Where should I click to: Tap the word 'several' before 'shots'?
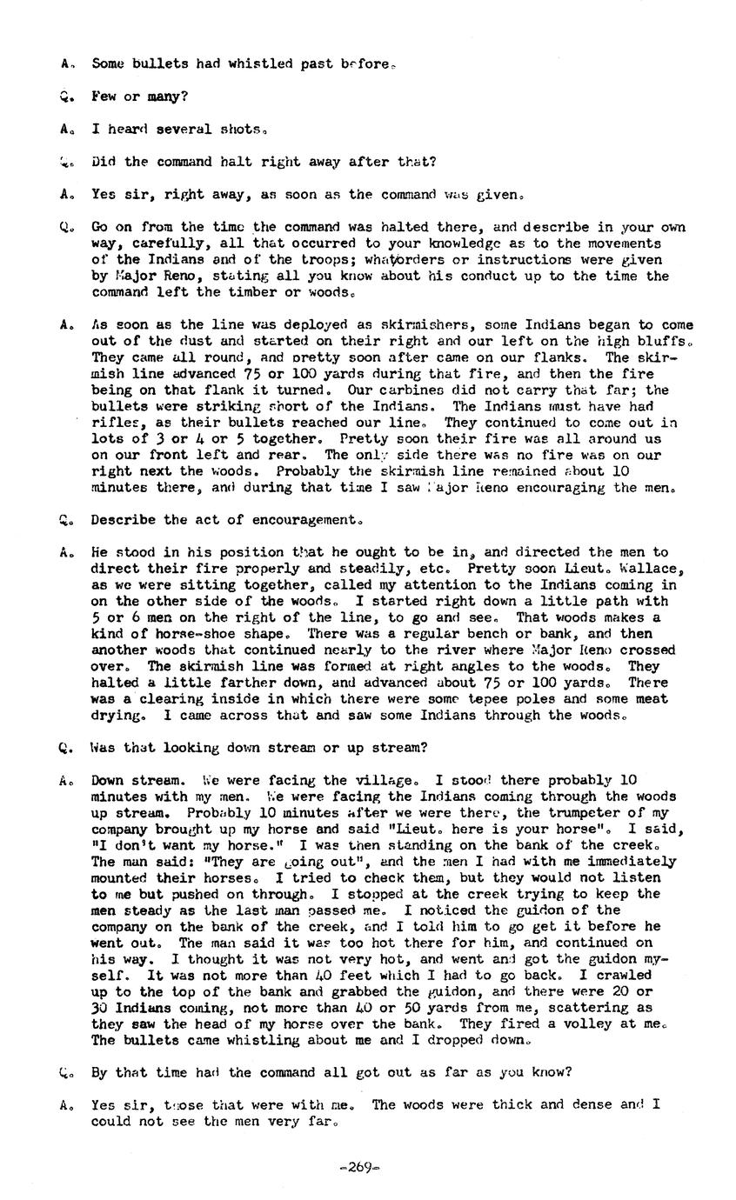coord(184,129)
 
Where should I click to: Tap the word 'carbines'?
coord(410,390)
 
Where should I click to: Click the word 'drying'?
coord(117,716)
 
